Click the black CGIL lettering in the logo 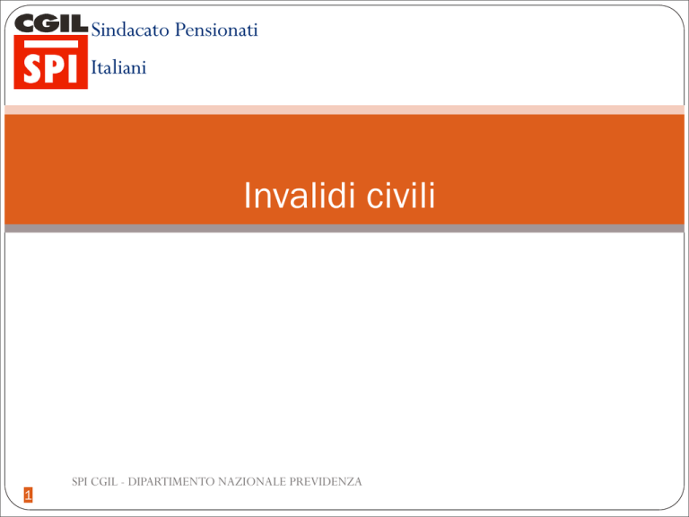(x=51, y=23)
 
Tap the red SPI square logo (x=51, y=62)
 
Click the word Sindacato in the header (x=130, y=30)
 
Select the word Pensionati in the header (x=216, y=30)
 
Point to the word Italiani (x=118, y=67)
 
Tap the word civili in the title (x=401, y=195)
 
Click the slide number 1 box (x=28, y=495)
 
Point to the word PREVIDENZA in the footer (x=325, y=482)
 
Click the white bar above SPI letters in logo (x=51, y=44)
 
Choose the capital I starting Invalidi (x=247, y=195)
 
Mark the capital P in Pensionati (x=180, y=30)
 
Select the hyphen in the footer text (x=123, y=483)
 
